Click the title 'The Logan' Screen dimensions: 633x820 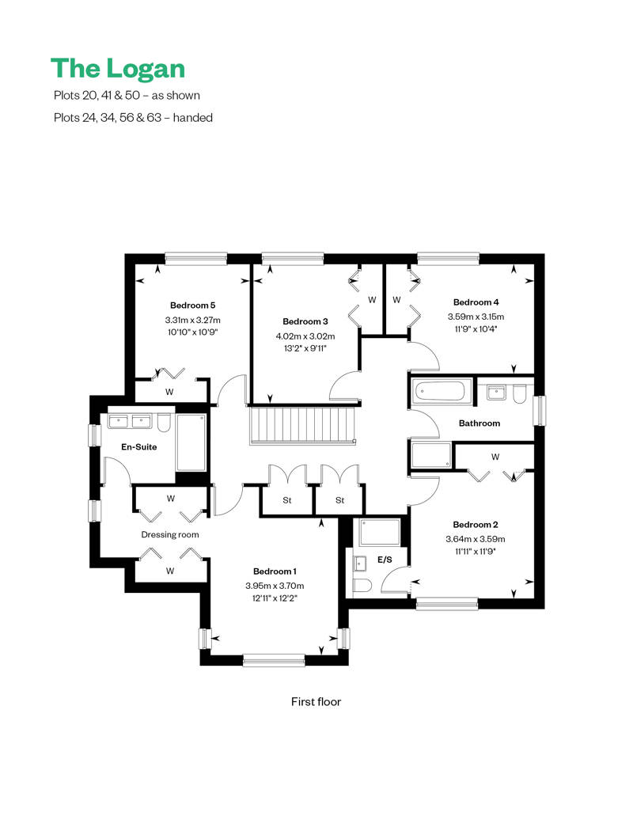pos(118,69)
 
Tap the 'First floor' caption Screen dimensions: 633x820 pos(316,702)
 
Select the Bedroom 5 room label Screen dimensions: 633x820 pos(192,306)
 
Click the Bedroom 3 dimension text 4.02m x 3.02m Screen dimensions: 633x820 pos(305,336)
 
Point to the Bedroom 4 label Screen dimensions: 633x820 pos(476,302)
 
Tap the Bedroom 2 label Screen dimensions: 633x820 pos(475,525)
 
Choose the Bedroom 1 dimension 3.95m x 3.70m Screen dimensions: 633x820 pos(275,586)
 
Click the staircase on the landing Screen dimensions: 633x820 pos(302,425)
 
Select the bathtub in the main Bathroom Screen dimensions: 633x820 pos(440,391)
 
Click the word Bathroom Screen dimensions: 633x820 pos(479,423)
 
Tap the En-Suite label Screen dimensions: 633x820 pos(138,447)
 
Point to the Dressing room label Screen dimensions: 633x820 pos(170,534)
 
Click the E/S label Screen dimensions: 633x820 pos(385,560)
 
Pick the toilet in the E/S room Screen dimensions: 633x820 pos(362,585)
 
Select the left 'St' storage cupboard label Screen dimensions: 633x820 pos(287,500)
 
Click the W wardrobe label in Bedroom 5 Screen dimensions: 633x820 pos(169,392)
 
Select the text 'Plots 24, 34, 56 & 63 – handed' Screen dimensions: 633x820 pos(133,118)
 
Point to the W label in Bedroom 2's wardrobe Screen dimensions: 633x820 pos(495,457)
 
